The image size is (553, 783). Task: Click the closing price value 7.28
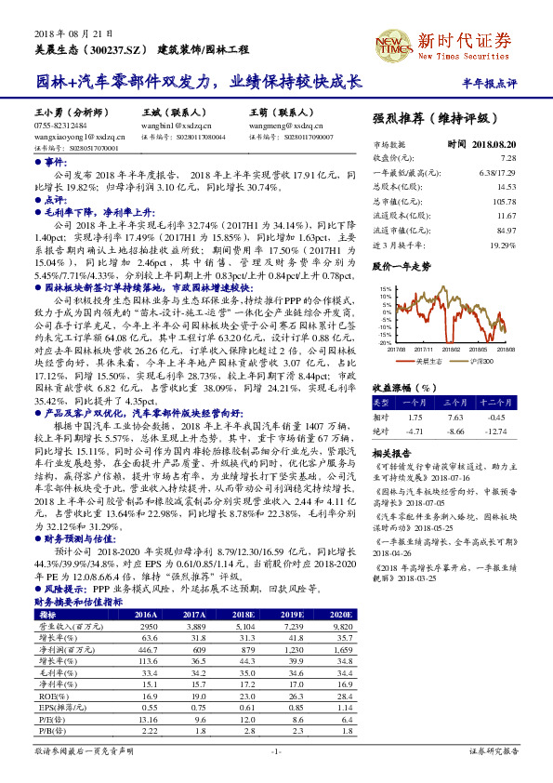tap(507, 159)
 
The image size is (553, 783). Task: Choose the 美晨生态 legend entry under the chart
tap(429, 359)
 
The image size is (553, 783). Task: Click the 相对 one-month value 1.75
tap(415, 417)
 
